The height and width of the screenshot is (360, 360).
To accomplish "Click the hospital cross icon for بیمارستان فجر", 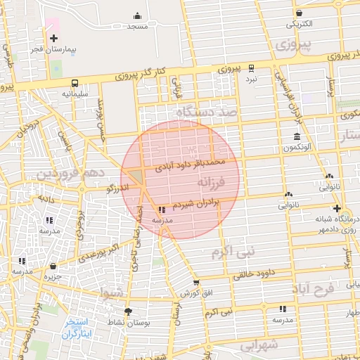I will click(53, 37).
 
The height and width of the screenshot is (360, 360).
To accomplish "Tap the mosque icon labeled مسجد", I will click(136, 15).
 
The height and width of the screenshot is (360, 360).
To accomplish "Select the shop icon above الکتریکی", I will click(300, 13).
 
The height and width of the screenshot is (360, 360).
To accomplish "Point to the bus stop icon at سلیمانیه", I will click(74, 82).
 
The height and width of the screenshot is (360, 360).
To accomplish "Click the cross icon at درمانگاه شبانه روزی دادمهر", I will click(337, 208).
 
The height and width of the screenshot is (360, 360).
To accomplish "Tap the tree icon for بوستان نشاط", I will click(127, 311).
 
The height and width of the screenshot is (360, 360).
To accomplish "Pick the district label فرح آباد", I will click(314, 289).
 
